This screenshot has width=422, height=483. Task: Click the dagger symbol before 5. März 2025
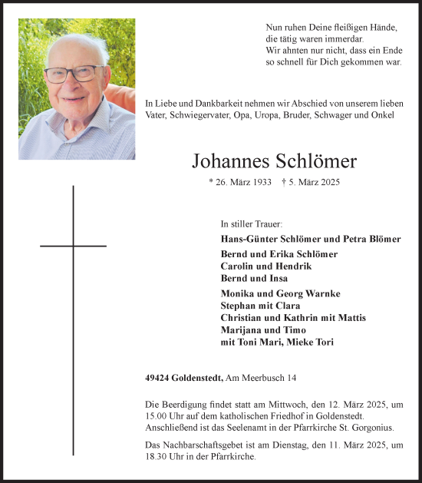[285, 183]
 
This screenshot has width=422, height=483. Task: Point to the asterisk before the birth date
[211, 183]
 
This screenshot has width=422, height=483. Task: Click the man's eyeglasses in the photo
[74, 74]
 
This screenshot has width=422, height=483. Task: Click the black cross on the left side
[74, 246]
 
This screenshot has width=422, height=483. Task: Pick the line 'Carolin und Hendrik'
[256, 266]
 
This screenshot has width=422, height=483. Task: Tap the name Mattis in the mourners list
[352, 318]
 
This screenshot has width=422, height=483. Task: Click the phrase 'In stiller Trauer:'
[251, 224]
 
